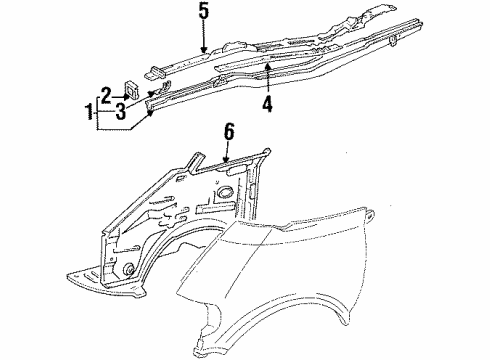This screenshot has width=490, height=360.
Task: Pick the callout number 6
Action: coord(228,130)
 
